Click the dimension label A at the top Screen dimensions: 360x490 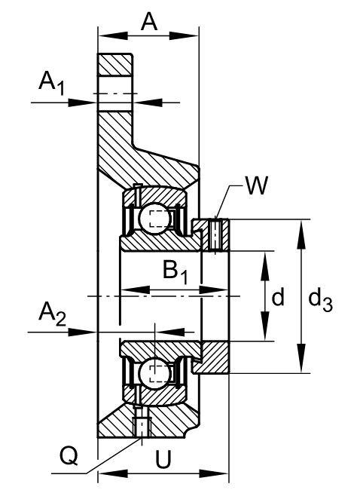pyautogui.click(x=149, y=23)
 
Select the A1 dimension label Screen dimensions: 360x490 pyautogui.click(x=52, y=82)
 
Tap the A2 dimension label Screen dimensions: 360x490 pyautogui.click(x=52, y=314)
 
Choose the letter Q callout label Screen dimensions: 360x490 pyautogui.click(x=69, y=455)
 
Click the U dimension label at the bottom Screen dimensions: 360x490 pyautogui.click(x=163, y=460)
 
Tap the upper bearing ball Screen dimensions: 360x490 pyautogui.click(x=154, y=218)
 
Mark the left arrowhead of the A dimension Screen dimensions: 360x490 pyautogui.click(x=113, y=35)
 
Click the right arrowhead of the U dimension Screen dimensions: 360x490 pyautogui.click(x=214, y=473)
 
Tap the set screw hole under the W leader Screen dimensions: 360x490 pyautogui.click(x=215, y=235)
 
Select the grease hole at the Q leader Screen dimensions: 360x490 pyautogui.click(x=142, y=426)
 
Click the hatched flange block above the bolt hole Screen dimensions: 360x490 pyautogui.click(x=114, y=64)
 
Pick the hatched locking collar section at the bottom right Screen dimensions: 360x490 pyautogui.click(x=212, y=357)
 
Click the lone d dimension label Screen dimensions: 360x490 pyautogui.click(x=278, y=297)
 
